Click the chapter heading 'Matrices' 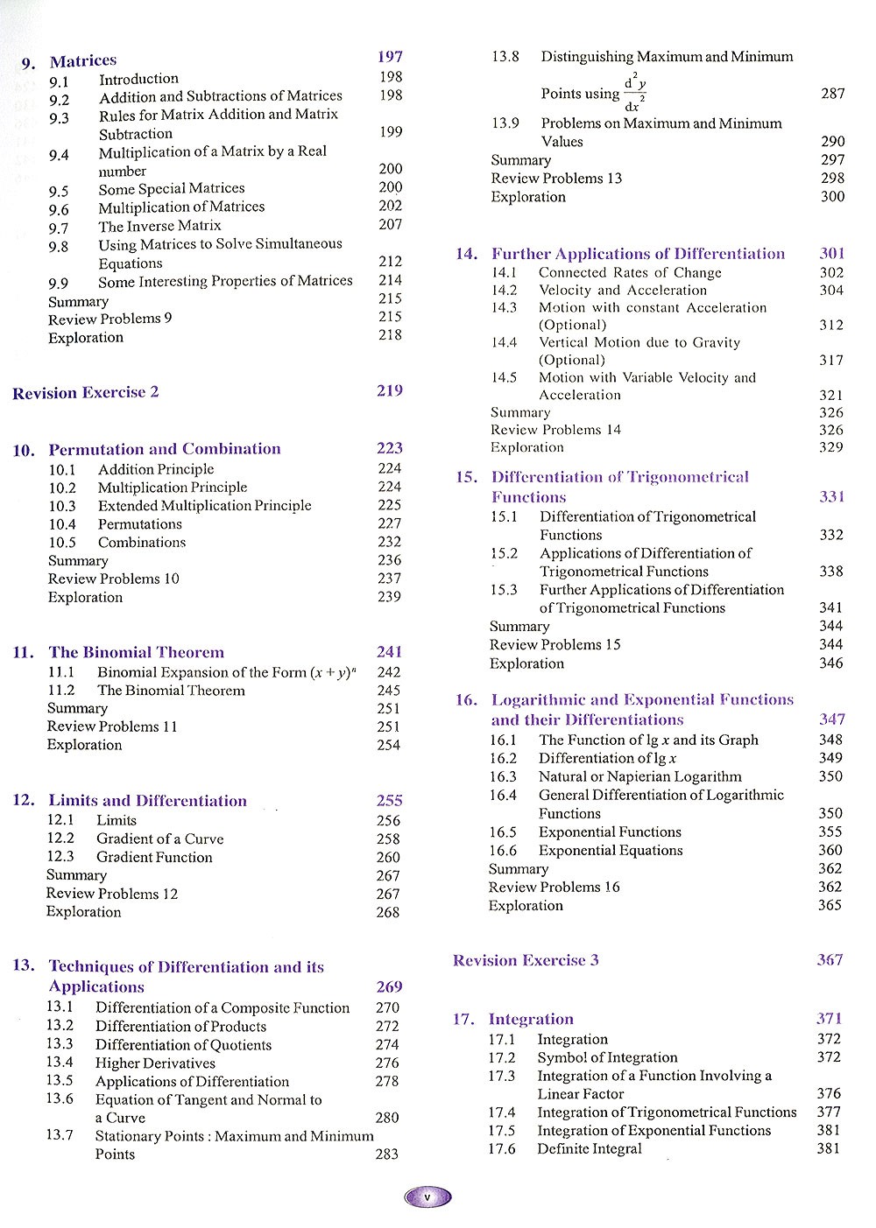(x=83, y=60)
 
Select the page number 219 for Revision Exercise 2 (x=390, y=390)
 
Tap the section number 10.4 (x=62, y=524)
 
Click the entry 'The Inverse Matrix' (x=159, y=226)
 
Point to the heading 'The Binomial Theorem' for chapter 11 (x=137, y=652)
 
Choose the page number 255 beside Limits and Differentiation (x=389, y=800)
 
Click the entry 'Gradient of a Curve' (x=160, y=839)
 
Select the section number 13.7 (x=60, y=1135)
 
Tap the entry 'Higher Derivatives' (x=155, y=1063)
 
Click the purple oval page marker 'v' (x=427, y=1196)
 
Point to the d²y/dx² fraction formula (x=635, y=93)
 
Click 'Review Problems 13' (x=556, y=179)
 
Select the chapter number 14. (x=466, y=254)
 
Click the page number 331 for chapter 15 (x=831, y=496)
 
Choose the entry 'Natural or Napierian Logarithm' (x=639, y=776)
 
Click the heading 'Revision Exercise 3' (x=526, y=960)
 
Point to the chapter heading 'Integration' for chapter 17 (x=531, y=1019)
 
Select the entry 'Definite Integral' (x=590, y=1148)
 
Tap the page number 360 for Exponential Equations (x=830, y=850)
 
